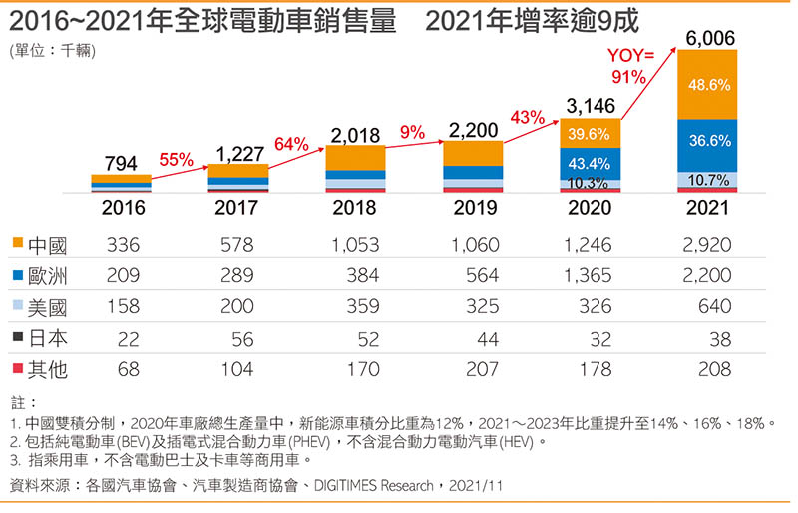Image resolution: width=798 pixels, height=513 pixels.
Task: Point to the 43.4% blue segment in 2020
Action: (591, 162)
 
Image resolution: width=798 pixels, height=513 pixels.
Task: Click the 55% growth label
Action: (176, 159)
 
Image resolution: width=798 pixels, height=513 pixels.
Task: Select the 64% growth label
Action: (291, 144)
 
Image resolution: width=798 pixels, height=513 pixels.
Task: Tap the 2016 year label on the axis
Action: (122, 208)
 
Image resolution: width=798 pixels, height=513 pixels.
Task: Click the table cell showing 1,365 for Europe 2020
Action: (590, 274)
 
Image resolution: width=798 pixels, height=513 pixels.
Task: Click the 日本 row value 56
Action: (245, 338)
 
